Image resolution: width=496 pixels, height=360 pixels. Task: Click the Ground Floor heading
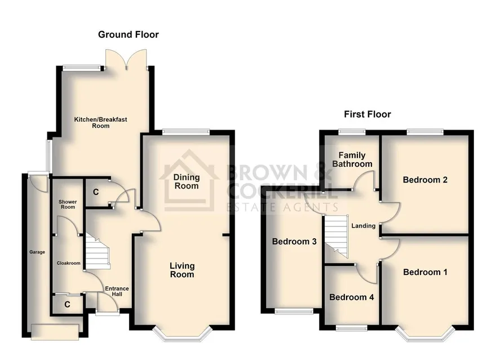[129, 34]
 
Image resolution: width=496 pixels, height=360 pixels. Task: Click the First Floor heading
[367, 114]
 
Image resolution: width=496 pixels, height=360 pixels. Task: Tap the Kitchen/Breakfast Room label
[100, 122]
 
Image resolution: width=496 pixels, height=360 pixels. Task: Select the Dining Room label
[187, 181]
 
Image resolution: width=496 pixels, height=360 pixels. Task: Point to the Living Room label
[182, 270]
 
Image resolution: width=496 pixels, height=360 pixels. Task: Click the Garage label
[37, 252]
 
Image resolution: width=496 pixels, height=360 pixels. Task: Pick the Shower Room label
[68, 204]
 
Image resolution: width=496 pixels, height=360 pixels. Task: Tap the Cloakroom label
[69, 263]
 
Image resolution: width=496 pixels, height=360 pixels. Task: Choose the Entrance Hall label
[117, 291]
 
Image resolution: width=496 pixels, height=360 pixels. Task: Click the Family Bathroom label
[352, 159]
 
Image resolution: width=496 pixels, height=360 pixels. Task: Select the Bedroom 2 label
[425, 180]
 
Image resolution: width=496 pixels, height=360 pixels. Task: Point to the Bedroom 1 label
[425, 272]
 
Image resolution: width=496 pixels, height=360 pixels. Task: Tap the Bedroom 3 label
[294, 242]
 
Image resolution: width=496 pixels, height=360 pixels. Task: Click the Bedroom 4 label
[352, 297]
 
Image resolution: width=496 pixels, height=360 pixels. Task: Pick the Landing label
[364, 226]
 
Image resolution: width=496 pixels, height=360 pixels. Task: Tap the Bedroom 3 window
[294, 312]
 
